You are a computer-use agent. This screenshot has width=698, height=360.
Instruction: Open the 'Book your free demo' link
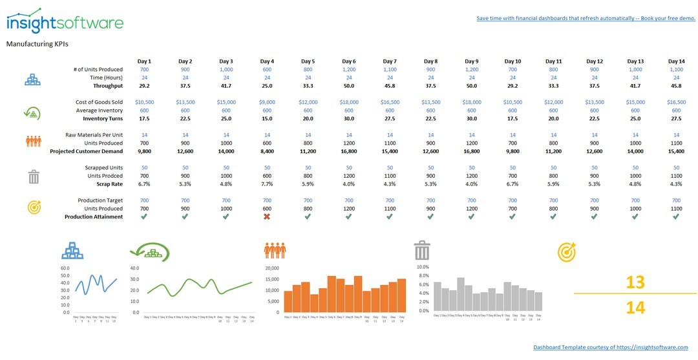click(586, 18)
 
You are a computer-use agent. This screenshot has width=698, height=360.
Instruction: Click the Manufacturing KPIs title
click(37, 44)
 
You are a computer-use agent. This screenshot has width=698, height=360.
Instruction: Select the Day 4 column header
click(267, 61)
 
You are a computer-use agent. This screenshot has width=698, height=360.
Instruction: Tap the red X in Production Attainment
click(267, 217)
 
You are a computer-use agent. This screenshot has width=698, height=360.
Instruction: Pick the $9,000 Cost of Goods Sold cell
click(267, 102)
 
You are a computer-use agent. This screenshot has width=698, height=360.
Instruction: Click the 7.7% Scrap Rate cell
click(267, 184)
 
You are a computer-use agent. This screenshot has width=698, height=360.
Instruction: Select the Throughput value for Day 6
click(349, 85)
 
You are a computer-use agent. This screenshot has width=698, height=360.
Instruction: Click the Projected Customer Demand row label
click(86, 151)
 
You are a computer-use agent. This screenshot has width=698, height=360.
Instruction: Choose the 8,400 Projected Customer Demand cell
click(267, 151)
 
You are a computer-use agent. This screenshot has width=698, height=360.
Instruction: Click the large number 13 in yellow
click(635, 282)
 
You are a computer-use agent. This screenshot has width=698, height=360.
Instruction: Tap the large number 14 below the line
click(635, 308)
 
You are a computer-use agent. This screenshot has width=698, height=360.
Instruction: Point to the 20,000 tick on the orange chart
click(272, 268)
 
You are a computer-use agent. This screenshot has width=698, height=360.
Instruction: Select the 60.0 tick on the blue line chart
click(65, 268)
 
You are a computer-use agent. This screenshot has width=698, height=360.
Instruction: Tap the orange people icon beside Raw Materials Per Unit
click(34, 141)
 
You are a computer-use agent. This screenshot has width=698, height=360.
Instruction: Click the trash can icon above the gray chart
click(422, 250)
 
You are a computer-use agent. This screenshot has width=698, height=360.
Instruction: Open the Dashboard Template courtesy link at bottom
click(611, 348)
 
